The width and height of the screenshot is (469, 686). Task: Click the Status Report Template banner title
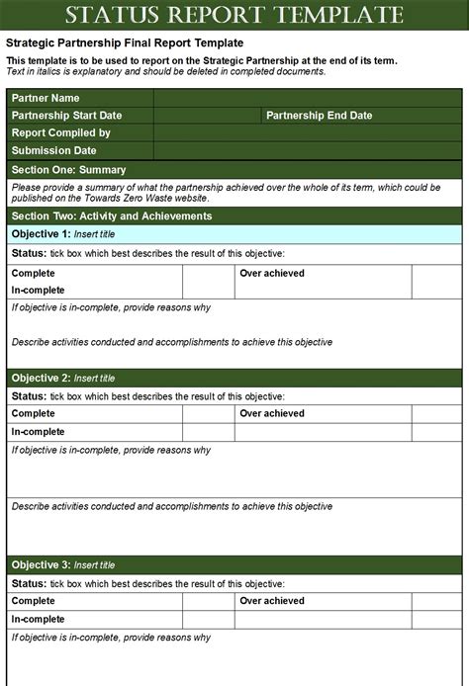coord(234,15)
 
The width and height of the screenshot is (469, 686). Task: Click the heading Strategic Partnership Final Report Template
coord(125,43)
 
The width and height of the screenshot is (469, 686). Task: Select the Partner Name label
coord(46,99)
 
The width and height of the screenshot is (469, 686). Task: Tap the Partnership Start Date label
coord(68,116)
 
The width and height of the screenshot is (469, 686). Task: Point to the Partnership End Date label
coord(320,116)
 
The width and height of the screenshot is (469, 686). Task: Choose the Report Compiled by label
coord(60,132)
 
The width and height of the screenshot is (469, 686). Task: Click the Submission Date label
coord(53,150)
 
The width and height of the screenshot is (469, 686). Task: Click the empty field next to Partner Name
coord(308,99)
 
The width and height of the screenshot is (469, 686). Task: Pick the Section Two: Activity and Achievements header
coord(111,215)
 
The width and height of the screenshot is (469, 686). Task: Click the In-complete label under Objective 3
coord(38,619)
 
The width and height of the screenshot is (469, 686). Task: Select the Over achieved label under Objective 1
coord(272,273)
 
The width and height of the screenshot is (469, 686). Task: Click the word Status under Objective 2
coord(28,395)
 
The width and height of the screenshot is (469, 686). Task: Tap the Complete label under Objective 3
coord(33,601)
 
